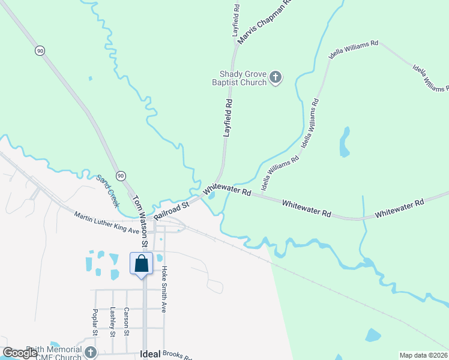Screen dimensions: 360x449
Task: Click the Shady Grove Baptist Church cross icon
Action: pos(276,77)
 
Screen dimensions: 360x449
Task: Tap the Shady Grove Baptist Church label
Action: pos(243,78)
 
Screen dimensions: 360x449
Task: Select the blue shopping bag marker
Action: pos(142,264)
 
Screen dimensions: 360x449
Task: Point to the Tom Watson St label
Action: pos(140,221)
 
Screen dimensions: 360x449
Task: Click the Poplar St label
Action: pos(95,323)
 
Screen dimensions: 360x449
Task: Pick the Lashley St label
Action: pos(112,322)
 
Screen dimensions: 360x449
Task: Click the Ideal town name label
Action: pos(150,354)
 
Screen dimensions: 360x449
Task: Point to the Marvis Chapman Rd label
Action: pos(264,23)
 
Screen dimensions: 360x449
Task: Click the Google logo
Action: pos(20,353)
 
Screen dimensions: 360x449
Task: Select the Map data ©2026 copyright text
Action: pos(424,355)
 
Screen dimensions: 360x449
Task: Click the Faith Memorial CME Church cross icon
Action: pos(90,352)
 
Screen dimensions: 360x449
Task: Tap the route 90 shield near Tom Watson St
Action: pos(121,175)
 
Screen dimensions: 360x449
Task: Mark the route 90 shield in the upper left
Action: pos(40,51)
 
